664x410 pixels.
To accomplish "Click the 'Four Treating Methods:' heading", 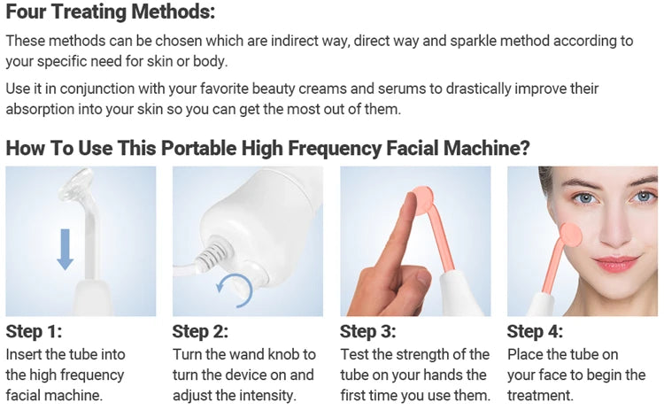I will click(111, 15).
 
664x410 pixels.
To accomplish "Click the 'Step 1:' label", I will click(35, 332).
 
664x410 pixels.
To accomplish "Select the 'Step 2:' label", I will click(201, 332).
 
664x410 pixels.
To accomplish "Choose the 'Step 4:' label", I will click(536, 332).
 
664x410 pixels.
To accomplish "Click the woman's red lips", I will click(616, 263).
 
